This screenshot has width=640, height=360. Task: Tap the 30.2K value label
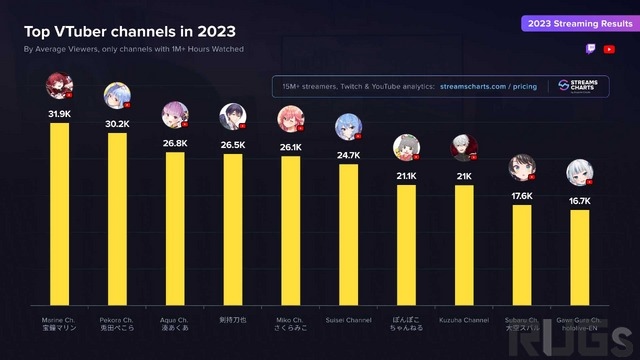[117, 125]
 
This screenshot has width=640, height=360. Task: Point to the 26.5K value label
[233, 145]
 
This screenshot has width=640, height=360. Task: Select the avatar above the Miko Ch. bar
[290, 121]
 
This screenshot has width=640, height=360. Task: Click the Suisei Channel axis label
[348, 320]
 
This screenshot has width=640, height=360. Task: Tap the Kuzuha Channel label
[464, 320]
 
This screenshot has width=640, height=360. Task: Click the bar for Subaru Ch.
[522, 255]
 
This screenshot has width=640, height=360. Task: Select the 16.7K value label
[580, 201]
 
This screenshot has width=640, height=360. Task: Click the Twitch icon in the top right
[591, 48]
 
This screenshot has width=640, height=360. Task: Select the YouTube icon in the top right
[609, 48]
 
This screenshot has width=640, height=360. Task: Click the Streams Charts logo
[579, 87]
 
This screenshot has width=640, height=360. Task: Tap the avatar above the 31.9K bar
[59, 86]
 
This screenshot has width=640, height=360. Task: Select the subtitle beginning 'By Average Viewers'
[134, 48]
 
